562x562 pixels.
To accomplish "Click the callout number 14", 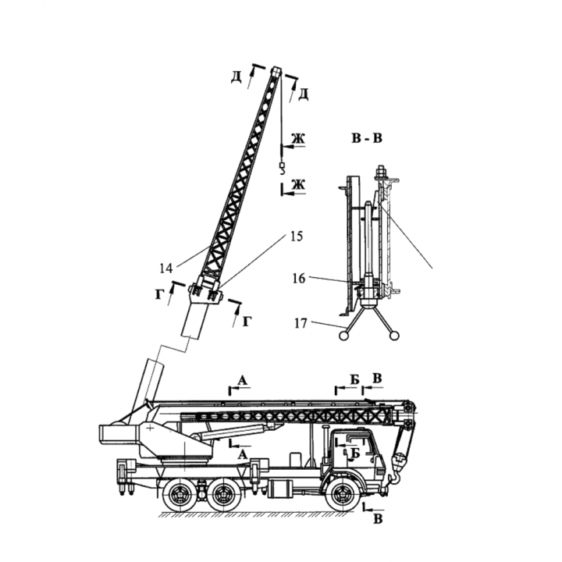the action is pyautogui.click(x=166, y=268).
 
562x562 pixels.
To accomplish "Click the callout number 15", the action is pyautogui.click(x=296, y=237).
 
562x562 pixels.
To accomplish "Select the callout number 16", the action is pyautogui.click(x=298, y=278).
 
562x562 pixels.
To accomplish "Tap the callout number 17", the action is pyautogui.click(x=301, y=323).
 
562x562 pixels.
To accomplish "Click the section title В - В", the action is pyautogui.click(x=367, y=138).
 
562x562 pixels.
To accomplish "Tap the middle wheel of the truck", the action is pyautogui.click(x=224, y=495).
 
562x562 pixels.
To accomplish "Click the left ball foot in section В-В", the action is pyautogui.click(x=343, y=336).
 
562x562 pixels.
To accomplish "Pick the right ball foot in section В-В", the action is pyautogui.click(x=394, y=336).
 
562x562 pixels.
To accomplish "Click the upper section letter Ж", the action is pyautogui.click(x=297, y=138).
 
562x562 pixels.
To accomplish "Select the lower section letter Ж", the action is pyautogui.click(x=298, y=184).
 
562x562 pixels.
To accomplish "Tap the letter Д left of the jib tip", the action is pyautogui.click(x=237, y=76).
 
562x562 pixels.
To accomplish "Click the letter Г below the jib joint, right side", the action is pyautogui.click(x=247, y=322).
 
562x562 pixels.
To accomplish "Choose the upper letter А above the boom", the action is pyautogui.click(x=243, y=380).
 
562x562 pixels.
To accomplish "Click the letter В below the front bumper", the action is pyautogui.click(x=378, y=519).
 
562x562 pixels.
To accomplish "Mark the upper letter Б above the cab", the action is pyautogui.click(x=354, y=380).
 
